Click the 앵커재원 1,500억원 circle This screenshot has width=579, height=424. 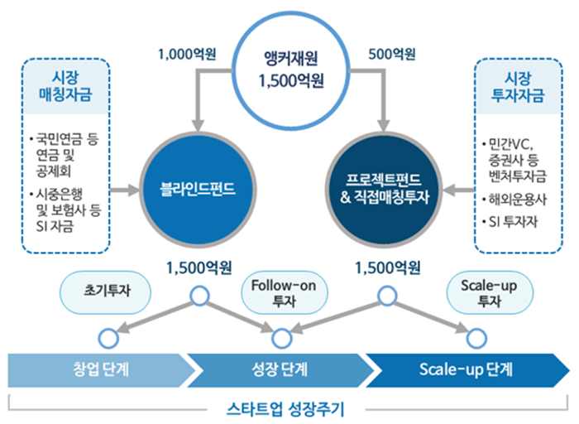tap(289, 69)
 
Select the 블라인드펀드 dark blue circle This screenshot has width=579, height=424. tap(197, 190)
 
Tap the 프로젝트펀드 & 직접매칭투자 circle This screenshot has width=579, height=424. tap(386, 190)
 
